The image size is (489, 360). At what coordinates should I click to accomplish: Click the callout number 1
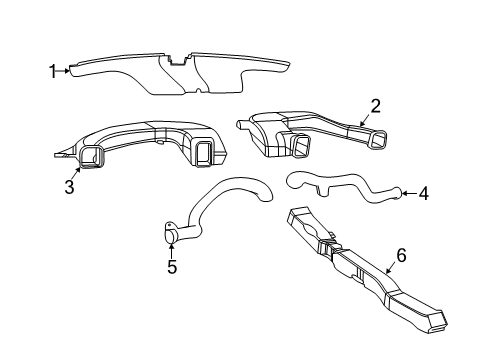pyautogui.click(x=53, y=70)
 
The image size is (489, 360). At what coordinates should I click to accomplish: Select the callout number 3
pyautogui.click(x=70, y=187)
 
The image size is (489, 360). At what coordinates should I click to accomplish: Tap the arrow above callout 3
pyautogui.click(x=77, y=173)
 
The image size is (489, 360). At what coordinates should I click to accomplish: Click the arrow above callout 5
pyautogui.click(x=172, y=250)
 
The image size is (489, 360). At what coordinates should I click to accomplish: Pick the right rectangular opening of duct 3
pyautogui.click(x=205, y=152)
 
